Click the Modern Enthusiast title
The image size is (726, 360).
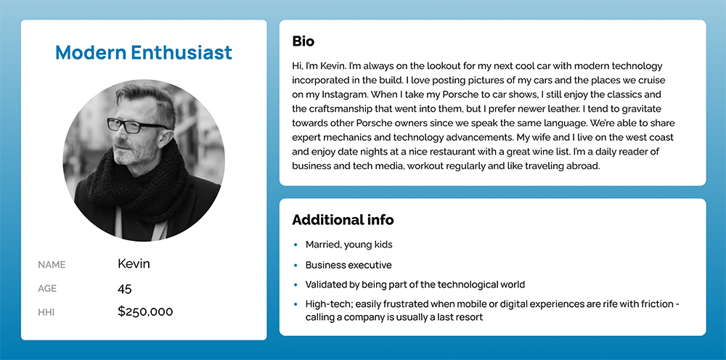[144, 52]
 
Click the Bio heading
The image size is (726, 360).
[303, 41]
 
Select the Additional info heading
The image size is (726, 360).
[343, 220]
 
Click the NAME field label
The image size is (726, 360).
[51, 265]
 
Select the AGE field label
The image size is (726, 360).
[47, 289]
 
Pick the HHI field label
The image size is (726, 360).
[46, 313]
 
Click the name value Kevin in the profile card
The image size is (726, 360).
[134, 263]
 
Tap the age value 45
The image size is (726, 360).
[125, 288]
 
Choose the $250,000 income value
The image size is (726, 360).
[145, 312]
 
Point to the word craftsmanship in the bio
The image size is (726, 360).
[331, 109]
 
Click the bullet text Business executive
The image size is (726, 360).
[348, 265]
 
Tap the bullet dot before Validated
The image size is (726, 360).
[295, 285]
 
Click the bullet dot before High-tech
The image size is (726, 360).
[295, 304]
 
